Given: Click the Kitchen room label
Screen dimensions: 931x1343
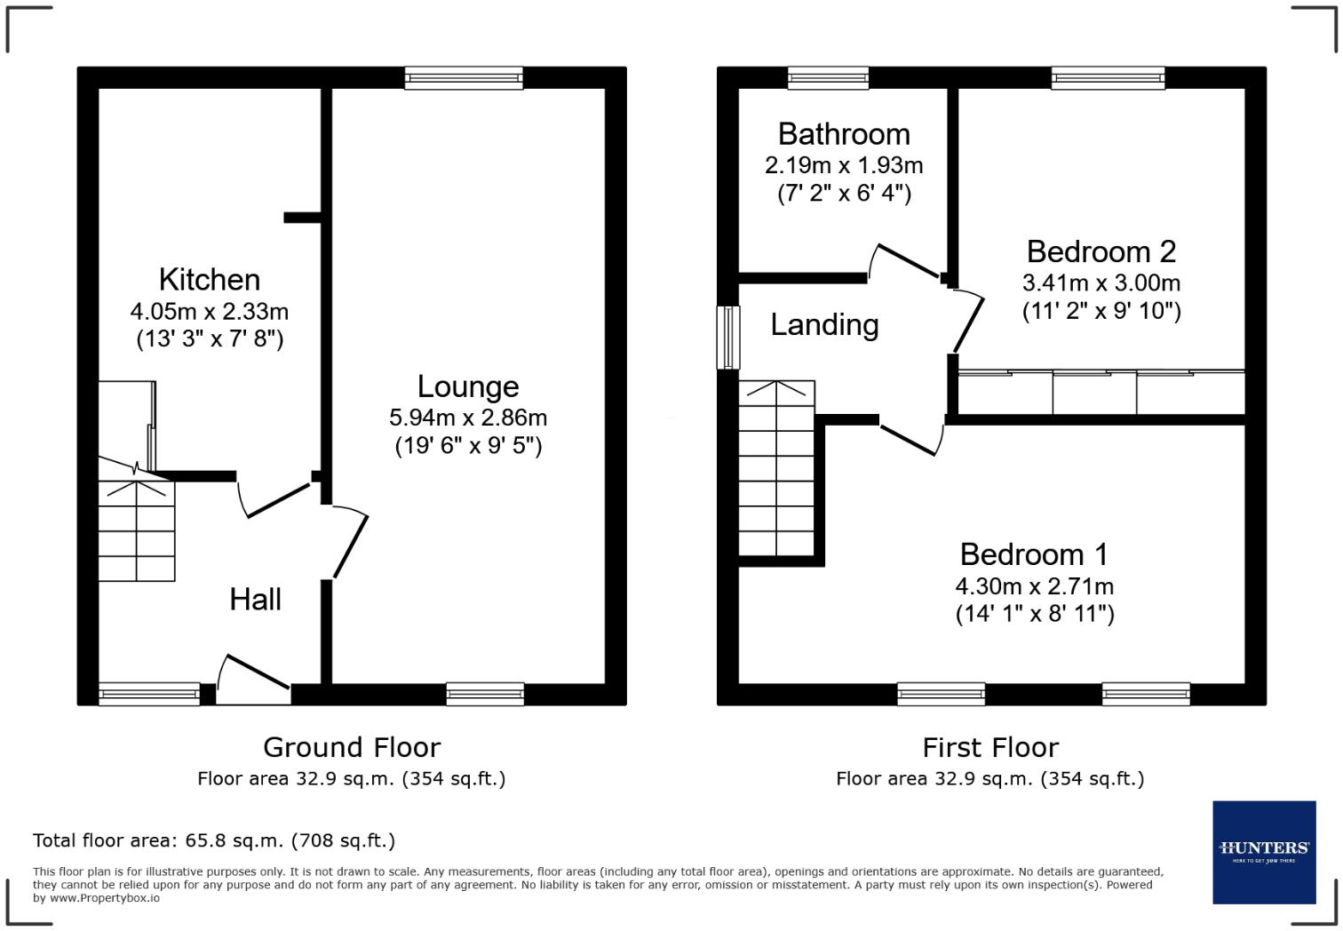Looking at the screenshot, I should [x=210, y=280].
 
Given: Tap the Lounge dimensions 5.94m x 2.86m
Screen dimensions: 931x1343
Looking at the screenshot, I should [x=468, y=418].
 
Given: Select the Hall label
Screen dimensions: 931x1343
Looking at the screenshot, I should [x=256, y=600].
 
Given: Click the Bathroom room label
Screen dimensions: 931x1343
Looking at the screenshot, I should [x=844, y=134].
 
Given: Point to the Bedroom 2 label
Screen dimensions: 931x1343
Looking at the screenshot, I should [x=1101, y=252].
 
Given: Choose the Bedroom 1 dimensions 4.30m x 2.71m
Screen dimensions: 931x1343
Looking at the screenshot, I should [x=1034, y=586].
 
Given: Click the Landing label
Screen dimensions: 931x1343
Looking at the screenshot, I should [x=824, y=325].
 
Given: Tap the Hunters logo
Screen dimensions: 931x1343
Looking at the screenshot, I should [x=1264, y=852].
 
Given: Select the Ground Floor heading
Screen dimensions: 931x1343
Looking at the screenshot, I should [x=352, y=747].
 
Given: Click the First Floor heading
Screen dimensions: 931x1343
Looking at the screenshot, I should [x=990, y=747].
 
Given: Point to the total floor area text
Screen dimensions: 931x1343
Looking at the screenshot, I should [x=214, y=840].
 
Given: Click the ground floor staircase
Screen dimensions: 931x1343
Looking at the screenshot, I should [x=137, y=530].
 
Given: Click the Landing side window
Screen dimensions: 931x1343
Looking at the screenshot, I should [x=728, y=337].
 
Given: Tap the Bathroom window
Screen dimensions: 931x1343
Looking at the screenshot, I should [x=828, y=78].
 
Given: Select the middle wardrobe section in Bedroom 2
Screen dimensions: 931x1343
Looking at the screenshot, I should [x=1094, y=393].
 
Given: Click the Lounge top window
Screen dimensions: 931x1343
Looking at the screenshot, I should [x=464, y=78].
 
